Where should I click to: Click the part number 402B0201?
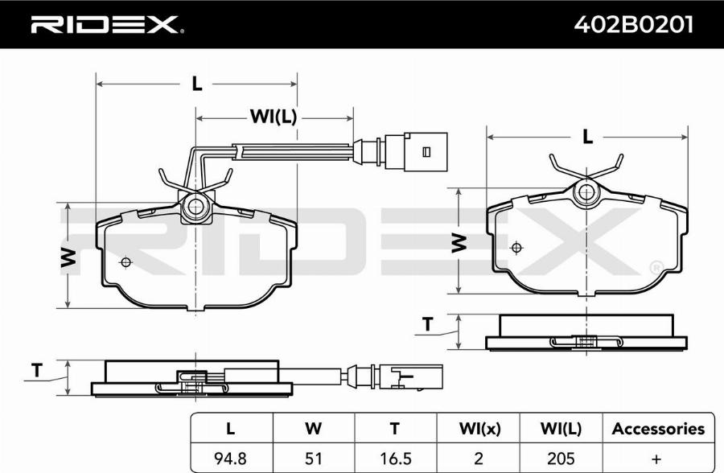click(x=633, y=24)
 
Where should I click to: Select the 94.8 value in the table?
click(x=230, y=459)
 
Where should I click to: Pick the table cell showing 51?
click(x=313, y=459)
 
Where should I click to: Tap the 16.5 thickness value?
click(x=395, y=459)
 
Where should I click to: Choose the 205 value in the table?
click(x=561, y=459)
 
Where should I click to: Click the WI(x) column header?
click(x=479, y=429)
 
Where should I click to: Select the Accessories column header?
click(x=658, y=429)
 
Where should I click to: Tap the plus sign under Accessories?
click(x=656, y=459)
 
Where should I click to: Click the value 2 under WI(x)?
click(x=479, y=459)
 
